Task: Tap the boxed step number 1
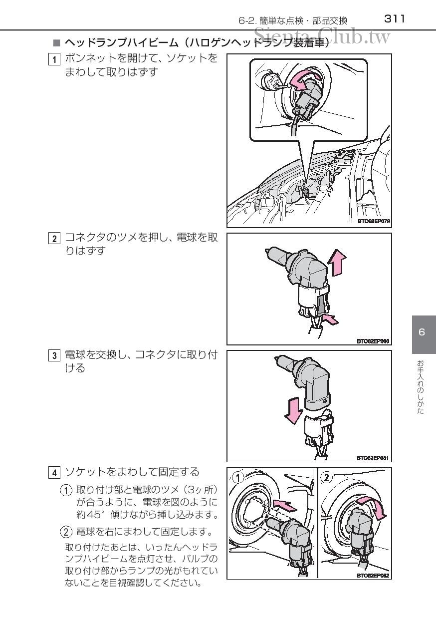[54, 59]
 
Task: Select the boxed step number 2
[54, 239]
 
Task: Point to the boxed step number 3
[54, 355]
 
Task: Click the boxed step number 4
[54, 473]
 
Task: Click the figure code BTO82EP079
[374, 221]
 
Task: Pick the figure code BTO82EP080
[373, 341]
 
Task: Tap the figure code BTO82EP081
[373, 458]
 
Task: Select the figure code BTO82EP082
[373, 576]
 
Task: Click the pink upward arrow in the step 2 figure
[337, 263]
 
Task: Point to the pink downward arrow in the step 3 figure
[294, 411]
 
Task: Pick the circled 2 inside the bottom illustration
[327, 477]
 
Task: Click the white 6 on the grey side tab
[422, 332]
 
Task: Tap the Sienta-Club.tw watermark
[322, 36]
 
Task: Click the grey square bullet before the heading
[56, 43]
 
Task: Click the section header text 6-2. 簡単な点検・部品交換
[293, 21]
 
